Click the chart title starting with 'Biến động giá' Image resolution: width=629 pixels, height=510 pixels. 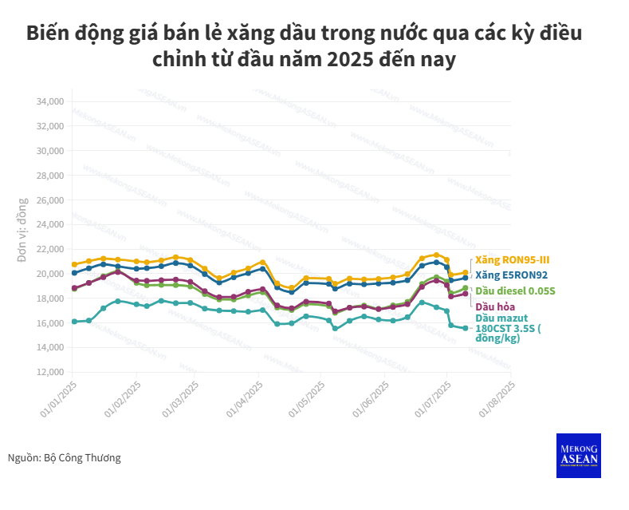tap(305, 46)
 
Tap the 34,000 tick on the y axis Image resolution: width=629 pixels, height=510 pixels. tap(49, 101)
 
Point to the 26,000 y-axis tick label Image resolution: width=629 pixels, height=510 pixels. tap(49, 200)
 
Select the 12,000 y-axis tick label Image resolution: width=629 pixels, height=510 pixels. tap(49, 372)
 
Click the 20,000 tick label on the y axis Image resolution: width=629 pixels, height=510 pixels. tap(49, 274)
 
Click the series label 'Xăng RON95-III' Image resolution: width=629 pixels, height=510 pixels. tap(512, 260)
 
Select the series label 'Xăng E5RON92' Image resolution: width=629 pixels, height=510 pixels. tap(511, 275)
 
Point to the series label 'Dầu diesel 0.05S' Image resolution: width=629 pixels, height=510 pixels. tap(514, 291)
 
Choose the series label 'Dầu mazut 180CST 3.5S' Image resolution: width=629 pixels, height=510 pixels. tap(508, 327)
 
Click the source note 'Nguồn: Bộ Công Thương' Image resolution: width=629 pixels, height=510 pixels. tap(65, 458)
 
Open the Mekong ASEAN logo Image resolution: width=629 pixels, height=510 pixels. tap(578, 456)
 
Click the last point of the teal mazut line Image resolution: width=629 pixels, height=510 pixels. tap(466, 328)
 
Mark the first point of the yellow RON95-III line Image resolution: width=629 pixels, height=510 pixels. tap(74, 264)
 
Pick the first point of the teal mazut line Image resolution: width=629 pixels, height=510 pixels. tap(74, 322)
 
